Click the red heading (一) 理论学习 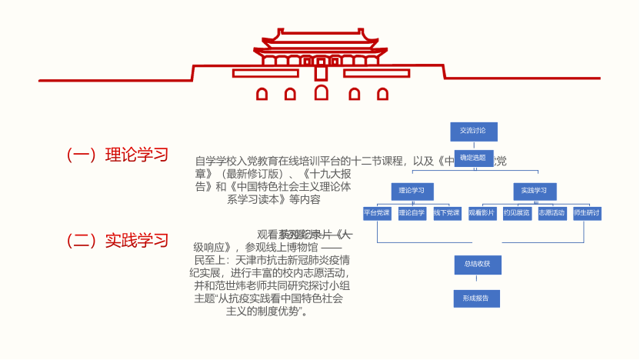coord(118,155)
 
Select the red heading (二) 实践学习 coord(118,241)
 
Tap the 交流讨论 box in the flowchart coord(473,131)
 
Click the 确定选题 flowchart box coord(473,158)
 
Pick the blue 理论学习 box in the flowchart coord(412,190)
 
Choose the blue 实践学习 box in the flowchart coord(534,190)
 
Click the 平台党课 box coord(377,212)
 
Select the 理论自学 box coord(412,212)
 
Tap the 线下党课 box coord(447,212)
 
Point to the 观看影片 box coord(482,212)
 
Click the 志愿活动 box coord(552,212)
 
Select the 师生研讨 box coord(587,212)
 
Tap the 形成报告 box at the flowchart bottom coord(477,297)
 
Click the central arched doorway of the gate coord(322,93)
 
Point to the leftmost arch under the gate coord(262,95)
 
